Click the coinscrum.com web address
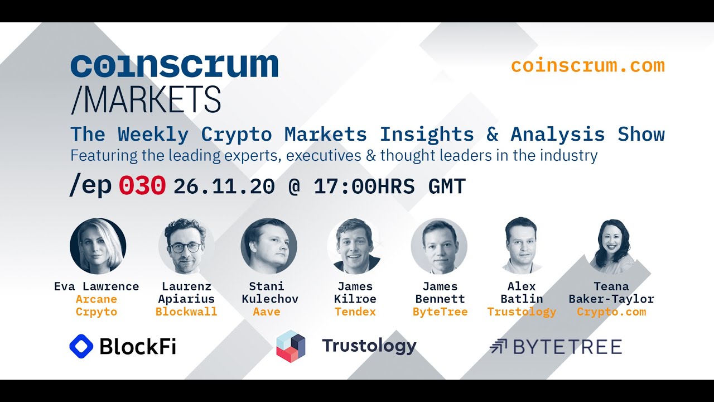pyautogui.click(x=588, y=66)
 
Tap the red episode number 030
pyautogui.click(x=142, y=186)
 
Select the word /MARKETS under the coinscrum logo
pyautogui.click(x=146, y=100)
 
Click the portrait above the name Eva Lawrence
pyautogui.click(x=98, y=246)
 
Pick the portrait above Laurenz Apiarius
pyautogui.click(x=186, y=246)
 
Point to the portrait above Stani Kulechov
pyautogui.click(x=269, y=246)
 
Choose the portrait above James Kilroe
pyautogui.click(x=355, y=246)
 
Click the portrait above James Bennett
pyautogui.click(x=439, y=246)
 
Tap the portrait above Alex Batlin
pyautogui.click(x=521, y=246)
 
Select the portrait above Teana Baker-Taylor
pyautogui.click(x=611, y=246)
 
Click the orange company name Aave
pyautogui.click(x=267, y=312)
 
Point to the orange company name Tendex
pyautogui.click(x=355, y=312)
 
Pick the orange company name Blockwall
pyautogui.click(x=186, y=312)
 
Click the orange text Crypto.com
pyautogui.click(x=611, y=312)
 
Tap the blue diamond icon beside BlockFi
pyautogui.click(x=81, y=346)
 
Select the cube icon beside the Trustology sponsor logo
pyautogui.click(x=291, y=346)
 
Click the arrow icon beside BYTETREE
pyautogui.click(x=498, y=347)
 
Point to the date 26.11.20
pyautogui.click(x=224, y=186)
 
